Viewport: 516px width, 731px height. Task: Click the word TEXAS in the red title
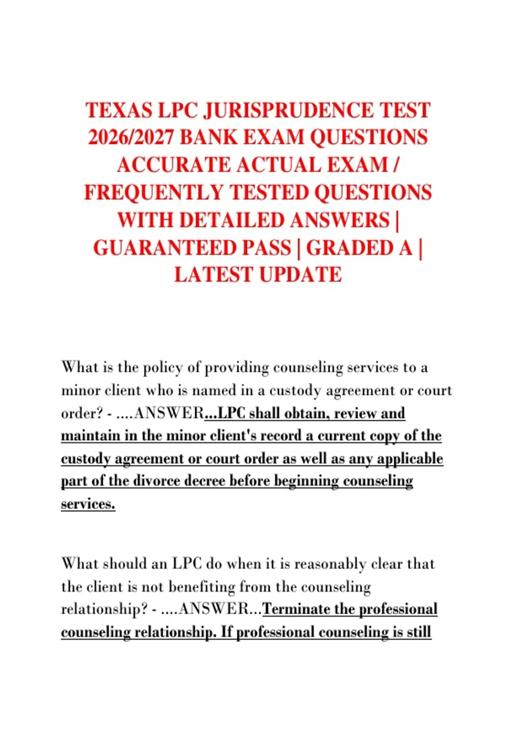click(x=119, y=111)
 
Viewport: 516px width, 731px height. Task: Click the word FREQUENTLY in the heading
click(x=154, y=193)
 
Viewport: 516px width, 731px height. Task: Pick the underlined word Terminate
click(x=296, y=609)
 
